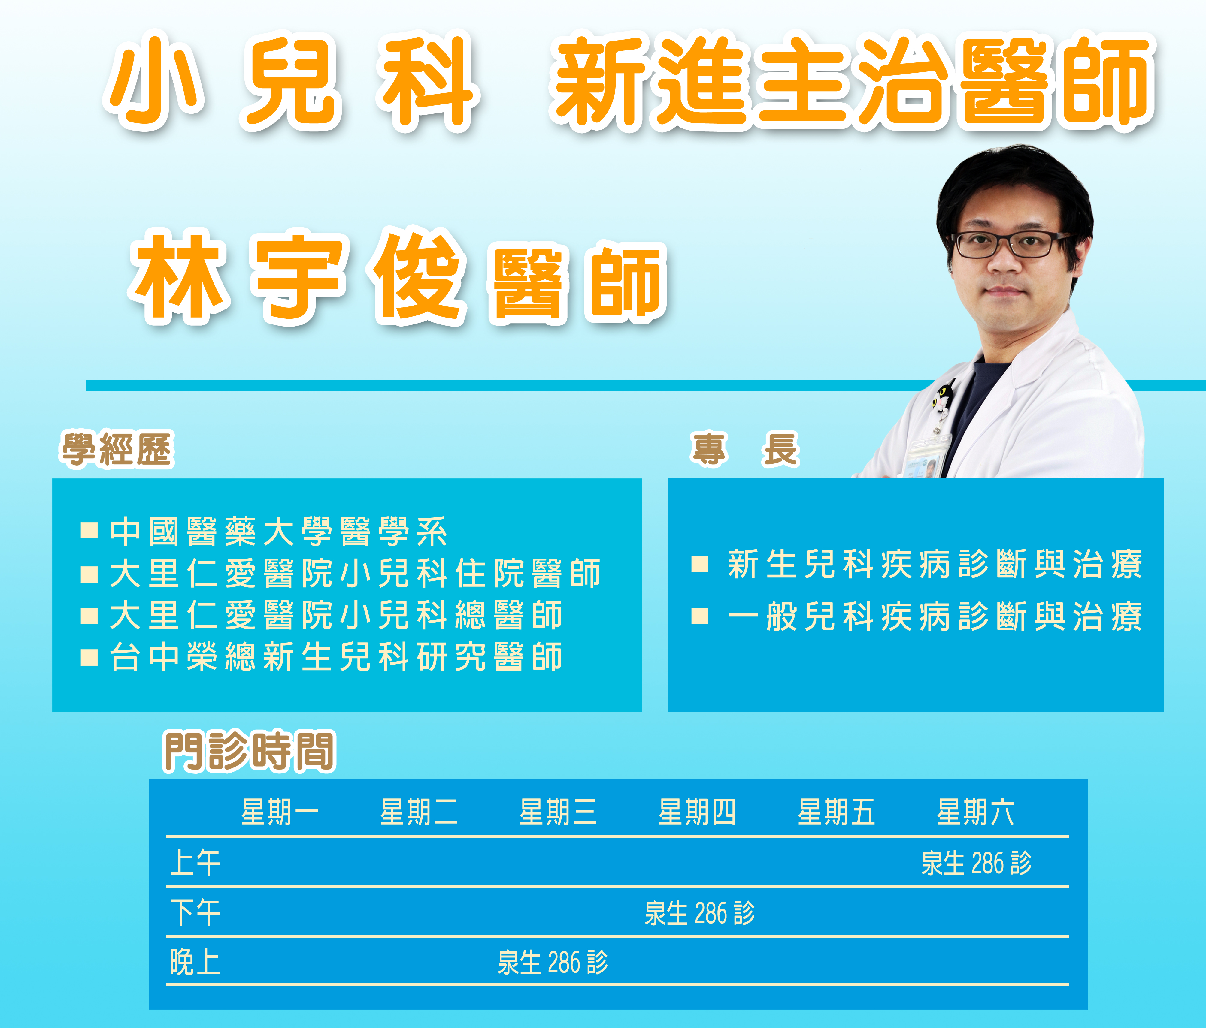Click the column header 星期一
(280, 812)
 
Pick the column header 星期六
(975, 812)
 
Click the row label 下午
(195, 912)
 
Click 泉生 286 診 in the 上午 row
(976, 863)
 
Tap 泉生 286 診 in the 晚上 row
(552, 962)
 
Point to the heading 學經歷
(118, 449)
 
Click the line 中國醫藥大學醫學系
(278, 532)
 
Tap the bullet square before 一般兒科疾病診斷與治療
(700, 616)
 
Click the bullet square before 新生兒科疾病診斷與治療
(700, 564)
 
